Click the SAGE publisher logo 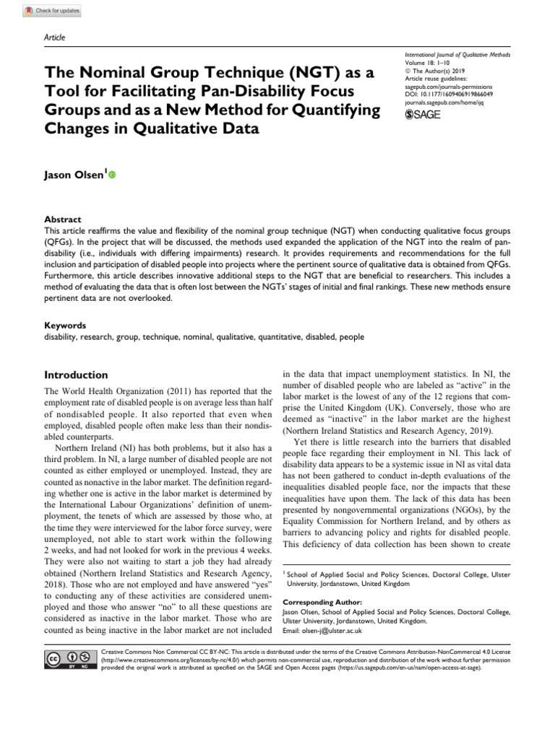click(x=424, y=114)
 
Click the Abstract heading click(x=62, y=219)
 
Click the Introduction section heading click(x=77, y=375)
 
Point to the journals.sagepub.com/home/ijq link click(x=441, y=102)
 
